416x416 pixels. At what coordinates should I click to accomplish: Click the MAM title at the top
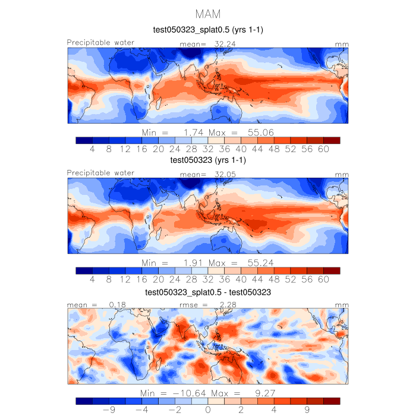pos(208,13)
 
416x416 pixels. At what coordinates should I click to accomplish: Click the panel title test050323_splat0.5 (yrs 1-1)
pos(208,30)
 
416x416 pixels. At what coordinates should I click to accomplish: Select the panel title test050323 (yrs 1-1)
pos(208,160)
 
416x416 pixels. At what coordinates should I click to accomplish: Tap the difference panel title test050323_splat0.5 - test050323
pos(208,293)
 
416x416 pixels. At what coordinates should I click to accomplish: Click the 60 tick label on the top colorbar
pos(323,150)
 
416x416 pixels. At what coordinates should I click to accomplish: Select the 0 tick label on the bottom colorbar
pos(208,410)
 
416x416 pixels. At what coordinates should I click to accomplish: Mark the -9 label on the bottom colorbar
pos(109,410)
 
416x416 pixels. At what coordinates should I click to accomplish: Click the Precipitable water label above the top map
pos(100,43)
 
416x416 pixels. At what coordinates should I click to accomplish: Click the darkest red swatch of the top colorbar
pos(332,140)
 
